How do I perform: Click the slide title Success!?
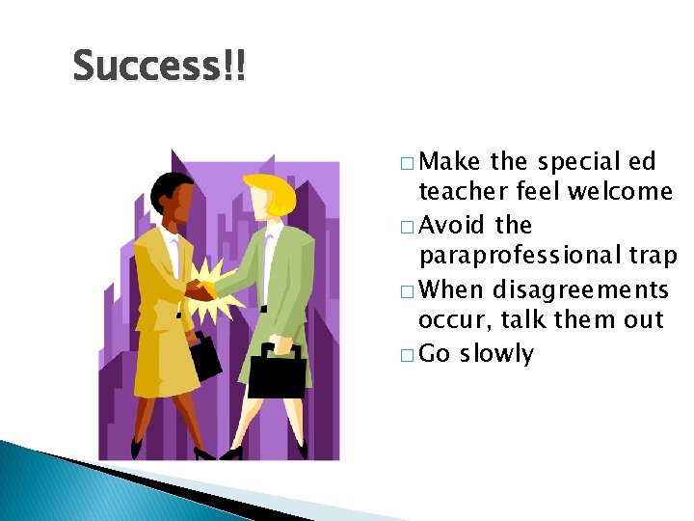(159, 67)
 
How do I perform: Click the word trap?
(653, 257)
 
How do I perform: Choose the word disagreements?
(580, 289)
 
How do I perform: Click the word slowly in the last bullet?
(496, 354)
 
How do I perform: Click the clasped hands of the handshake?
(200, 289)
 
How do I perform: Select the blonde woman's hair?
(273, 193)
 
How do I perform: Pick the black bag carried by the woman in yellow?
(205, 359)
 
